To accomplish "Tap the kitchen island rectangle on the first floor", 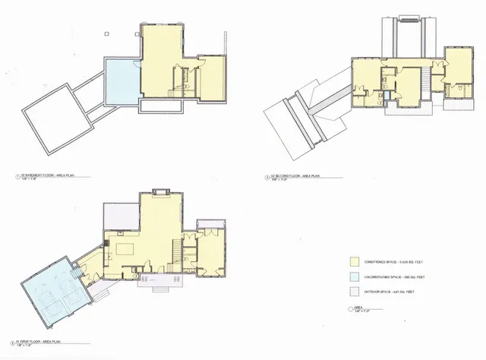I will [x=122, y=248].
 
